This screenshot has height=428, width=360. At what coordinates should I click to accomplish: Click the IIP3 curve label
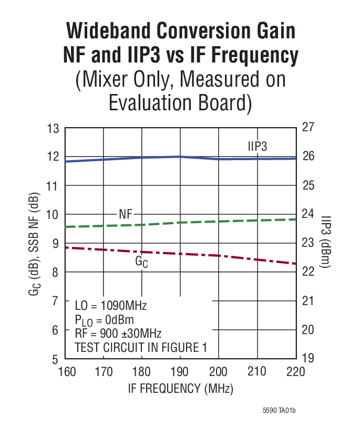pos(258,147)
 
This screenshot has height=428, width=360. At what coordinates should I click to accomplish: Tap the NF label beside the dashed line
pos(126,214)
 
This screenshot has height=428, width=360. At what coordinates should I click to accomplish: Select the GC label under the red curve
pos(141,261)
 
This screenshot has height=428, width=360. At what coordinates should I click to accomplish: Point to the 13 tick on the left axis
pos(53,128)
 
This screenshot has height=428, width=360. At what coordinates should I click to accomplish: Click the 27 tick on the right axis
pos(308,128)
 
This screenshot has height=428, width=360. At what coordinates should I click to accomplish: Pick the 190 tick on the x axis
pos(180,372)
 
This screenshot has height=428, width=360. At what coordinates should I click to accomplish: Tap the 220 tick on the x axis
pos(295,372)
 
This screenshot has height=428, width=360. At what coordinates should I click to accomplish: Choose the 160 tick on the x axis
pos(66,372)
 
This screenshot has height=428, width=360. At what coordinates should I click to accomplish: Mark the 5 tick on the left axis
pos(55,359)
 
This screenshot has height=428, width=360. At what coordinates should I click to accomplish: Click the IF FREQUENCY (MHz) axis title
pos(180,389)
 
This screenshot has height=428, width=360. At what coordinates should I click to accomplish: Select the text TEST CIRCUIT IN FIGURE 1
pos(141,347)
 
